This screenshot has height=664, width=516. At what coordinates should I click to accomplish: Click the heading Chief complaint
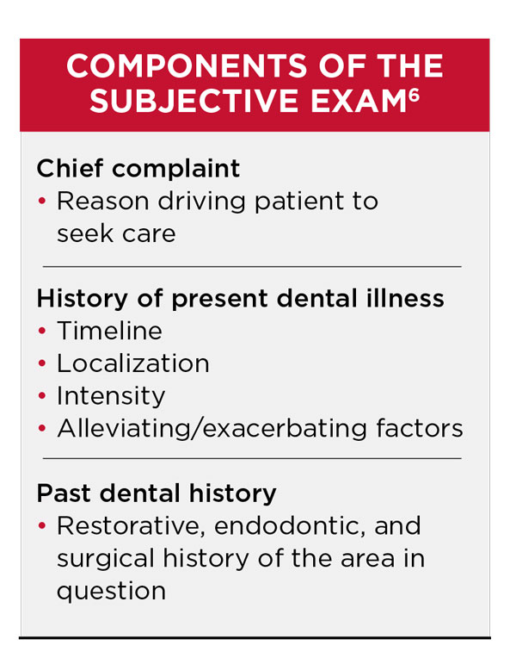click(138, 168)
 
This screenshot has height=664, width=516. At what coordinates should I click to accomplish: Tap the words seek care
click(116, 233)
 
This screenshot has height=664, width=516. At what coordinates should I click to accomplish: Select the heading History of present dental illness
click(240, 298)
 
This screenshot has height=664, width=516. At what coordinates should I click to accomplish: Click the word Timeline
click(109, 331)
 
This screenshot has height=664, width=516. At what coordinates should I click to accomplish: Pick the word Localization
click(132, 363)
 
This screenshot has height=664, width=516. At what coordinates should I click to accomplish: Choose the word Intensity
click(111, 396)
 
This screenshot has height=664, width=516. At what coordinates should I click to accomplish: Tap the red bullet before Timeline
click(42, 332)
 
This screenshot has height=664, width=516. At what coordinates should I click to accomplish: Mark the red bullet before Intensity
click(42, 397)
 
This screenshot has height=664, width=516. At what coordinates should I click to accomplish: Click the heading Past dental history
click(156, 493)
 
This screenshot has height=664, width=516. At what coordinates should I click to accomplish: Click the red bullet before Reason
click(42, 202)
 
